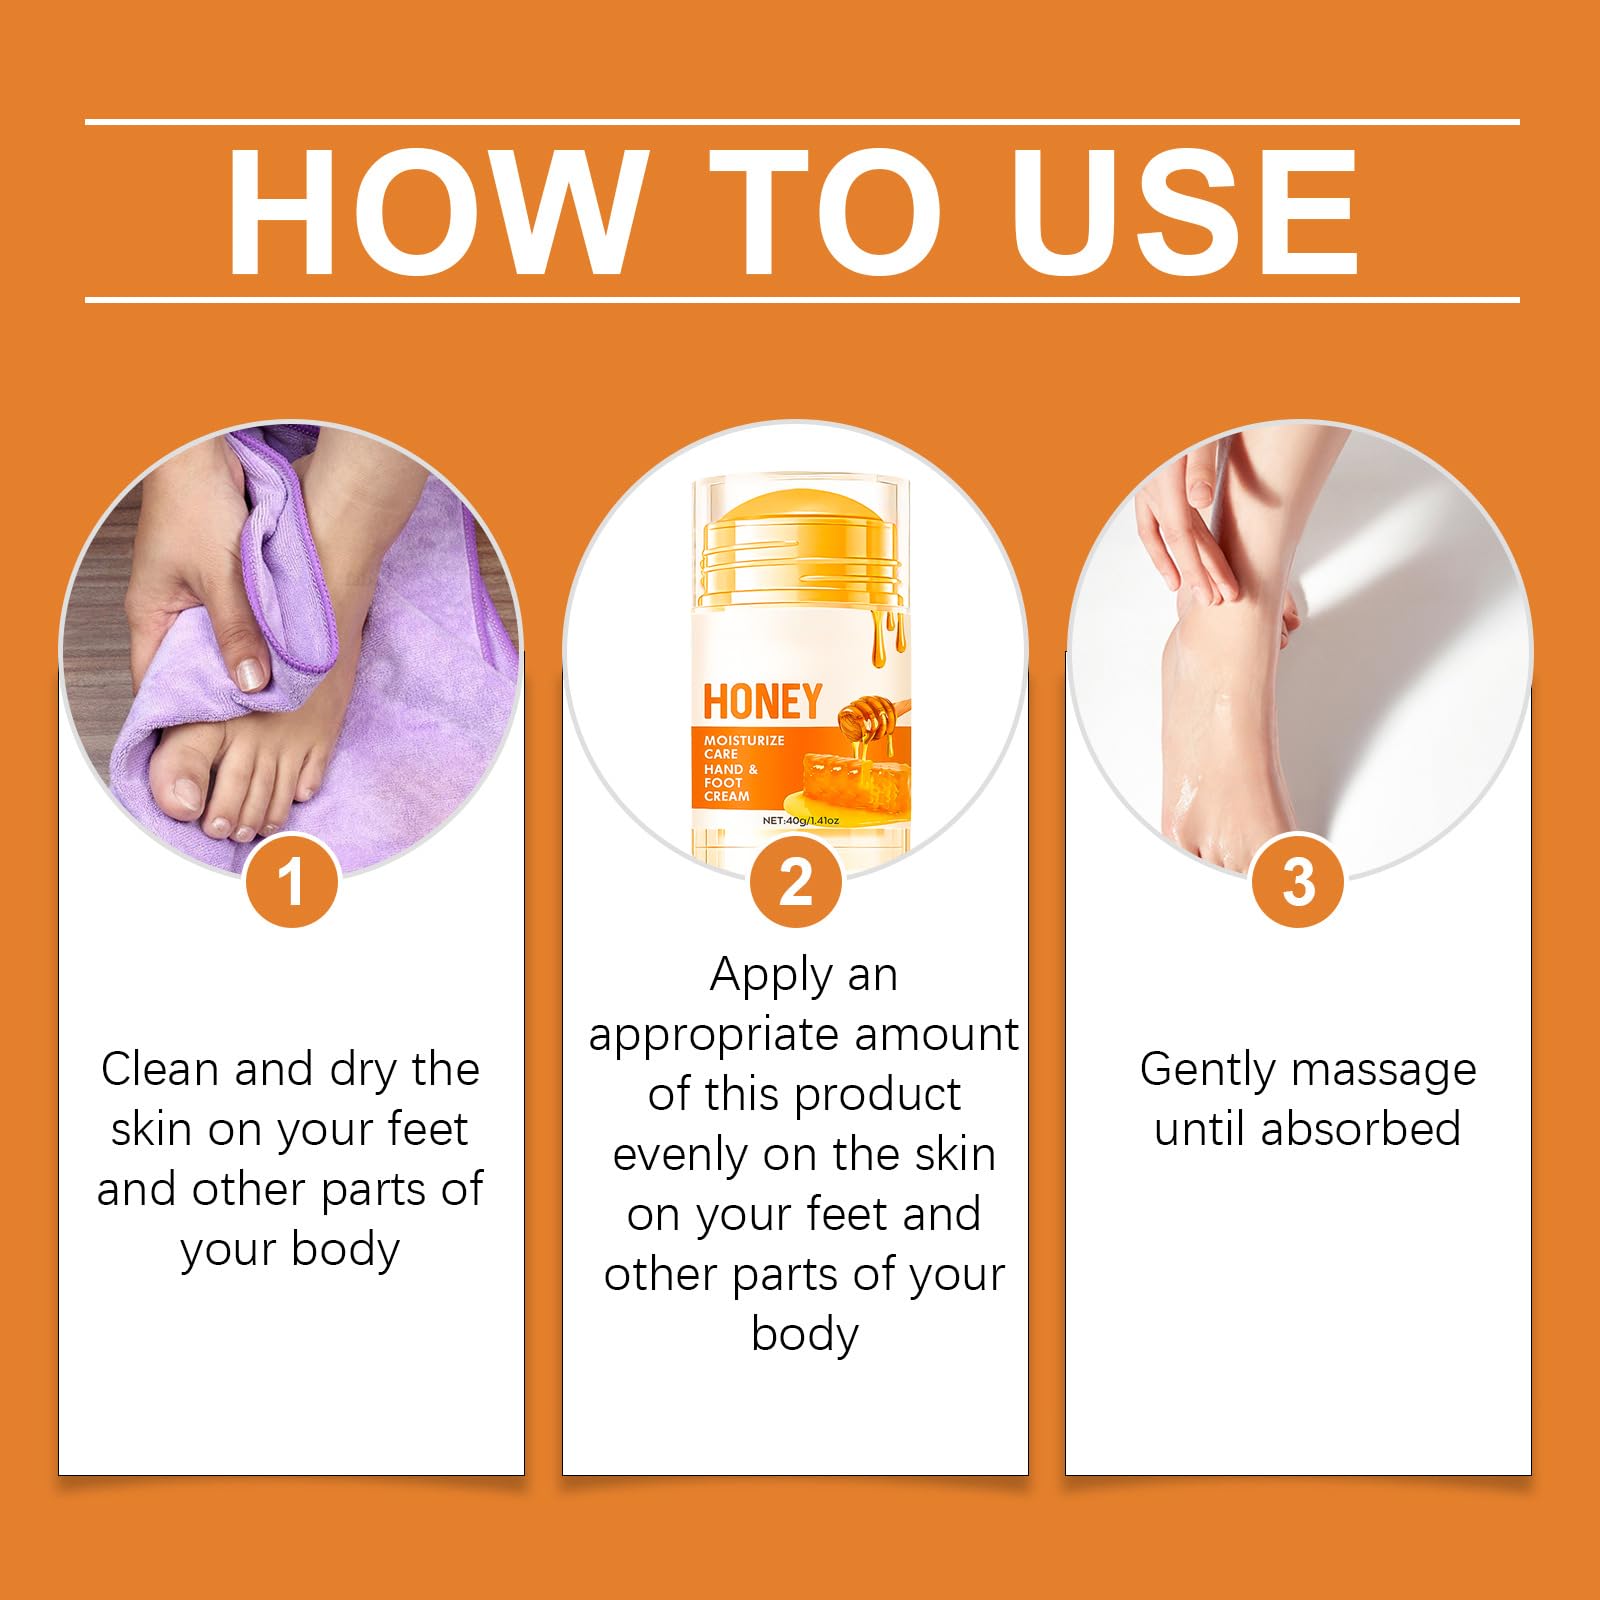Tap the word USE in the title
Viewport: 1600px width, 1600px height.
pyautogui.click(x=1185, y=212)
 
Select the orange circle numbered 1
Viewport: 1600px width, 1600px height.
pyautogui.click(x=291, y=881)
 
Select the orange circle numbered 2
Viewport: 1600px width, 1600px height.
pyautogui.click(x=796, y=881)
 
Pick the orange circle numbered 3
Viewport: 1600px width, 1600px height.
pyautogui.click(x=1298, y=881)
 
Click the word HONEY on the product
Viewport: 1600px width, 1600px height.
pyautogui.click(x=762, y=702)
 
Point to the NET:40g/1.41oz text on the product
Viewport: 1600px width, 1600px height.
pyautogui.click(x=800, y=820)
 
